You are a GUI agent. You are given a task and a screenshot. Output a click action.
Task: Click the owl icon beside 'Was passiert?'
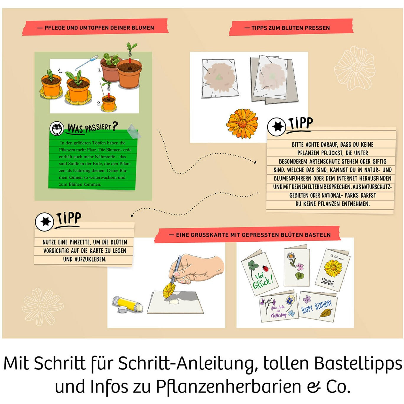click(x=56, y=129)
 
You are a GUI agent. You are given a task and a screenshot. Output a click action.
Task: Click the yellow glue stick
click(x=127, y=304)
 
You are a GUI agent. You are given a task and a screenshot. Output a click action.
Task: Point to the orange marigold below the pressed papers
click(x=242, y=124)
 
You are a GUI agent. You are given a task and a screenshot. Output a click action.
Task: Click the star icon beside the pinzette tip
click(x=45, y=221)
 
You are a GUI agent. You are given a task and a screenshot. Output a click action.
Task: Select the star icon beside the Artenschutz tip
click(x=277, y=126)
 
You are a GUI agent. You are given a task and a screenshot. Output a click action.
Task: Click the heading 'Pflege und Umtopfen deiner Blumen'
click(x=95, y=28)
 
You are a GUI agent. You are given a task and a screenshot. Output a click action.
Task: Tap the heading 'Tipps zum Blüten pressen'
click(x=291, y=28)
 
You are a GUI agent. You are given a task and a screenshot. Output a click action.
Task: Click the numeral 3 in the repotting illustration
click(x=100, y=71)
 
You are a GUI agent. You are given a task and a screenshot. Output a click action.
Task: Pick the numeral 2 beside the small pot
click(x=99, y=103)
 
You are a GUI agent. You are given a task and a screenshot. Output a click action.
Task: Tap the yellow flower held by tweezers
click(x=169, y=291)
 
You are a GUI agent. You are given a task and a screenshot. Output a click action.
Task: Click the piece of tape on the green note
click(x=133, y=131)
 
